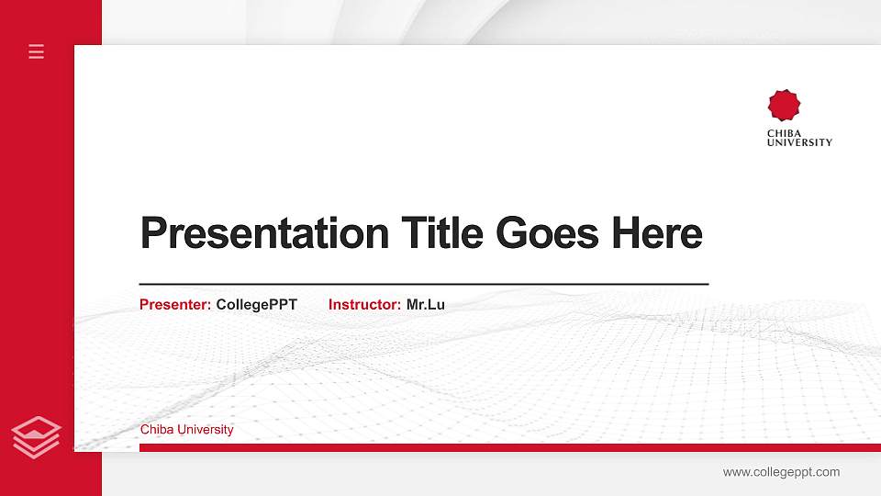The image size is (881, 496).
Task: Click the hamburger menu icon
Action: pyautogui.click(x=37, y=51)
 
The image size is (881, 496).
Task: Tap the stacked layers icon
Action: pyautogui.click(x=37, y=435)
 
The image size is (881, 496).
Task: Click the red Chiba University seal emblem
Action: pyautogui.click(x=785, y=106)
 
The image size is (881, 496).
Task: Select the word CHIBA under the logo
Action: pyautogui.click(x=785, y=133)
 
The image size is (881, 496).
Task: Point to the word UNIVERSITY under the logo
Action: pyautogui.click(x=799, y=142)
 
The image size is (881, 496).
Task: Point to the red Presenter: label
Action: pyautogui.click(x=175, y=304)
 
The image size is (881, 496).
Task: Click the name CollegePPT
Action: pyautogui.click(x=257, y=304)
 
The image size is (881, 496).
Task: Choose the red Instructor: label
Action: pyautogui.click(x=364, y=304)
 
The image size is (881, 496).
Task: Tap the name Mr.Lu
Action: pyautogui.click(x=426, y=304)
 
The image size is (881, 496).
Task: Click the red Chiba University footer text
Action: pyautogui.click(x=187, y=430)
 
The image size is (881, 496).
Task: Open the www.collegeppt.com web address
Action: pyautogui.click(x=781, y=472)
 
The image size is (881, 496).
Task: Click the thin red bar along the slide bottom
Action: pyautogui.click(x=505, y=447)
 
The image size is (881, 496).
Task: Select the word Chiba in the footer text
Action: pyautogui.click(x=157, y=430)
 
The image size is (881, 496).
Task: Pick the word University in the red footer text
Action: pyautogui.click(x=206, y=430)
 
